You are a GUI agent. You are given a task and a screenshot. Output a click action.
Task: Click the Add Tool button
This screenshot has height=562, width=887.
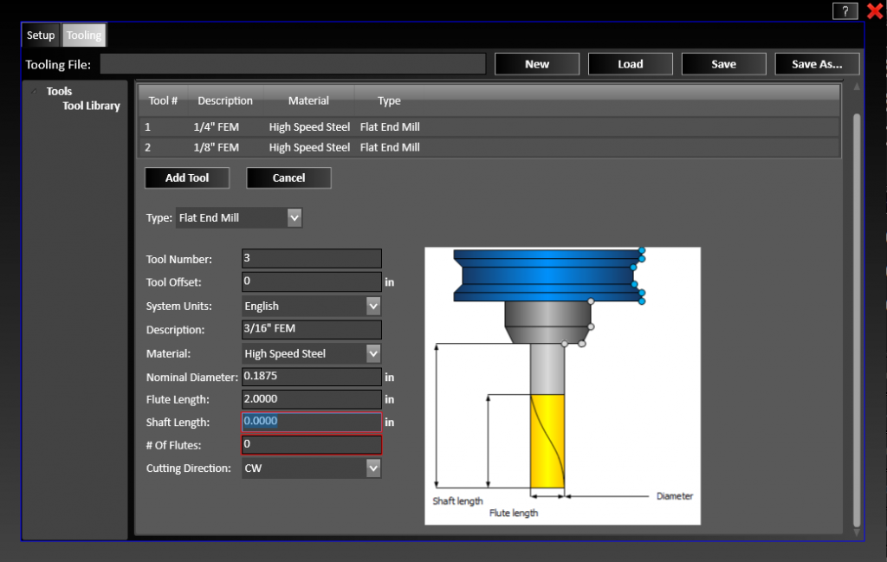[187, 178]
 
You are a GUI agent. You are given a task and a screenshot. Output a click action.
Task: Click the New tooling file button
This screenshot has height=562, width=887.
[537, 64]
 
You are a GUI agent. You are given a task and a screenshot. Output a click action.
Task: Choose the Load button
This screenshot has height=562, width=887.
[630, 64]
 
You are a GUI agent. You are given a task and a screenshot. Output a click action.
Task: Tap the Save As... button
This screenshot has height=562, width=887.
[817, 64]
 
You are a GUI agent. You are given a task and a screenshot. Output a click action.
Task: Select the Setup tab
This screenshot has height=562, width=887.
[41, 36]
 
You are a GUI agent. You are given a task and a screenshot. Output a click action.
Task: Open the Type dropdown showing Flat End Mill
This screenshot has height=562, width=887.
[239, 218]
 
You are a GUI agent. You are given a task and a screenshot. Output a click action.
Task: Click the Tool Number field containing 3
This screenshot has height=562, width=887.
[312, 258]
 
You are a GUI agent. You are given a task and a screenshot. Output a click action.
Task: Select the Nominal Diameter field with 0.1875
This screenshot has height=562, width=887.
[312, 377]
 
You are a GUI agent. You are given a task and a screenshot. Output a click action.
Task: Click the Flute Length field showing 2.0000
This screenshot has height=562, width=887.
[312, 399]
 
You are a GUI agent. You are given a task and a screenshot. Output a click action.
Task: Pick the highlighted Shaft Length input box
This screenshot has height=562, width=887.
[312, 422]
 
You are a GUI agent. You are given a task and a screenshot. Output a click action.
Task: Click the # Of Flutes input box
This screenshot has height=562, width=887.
[312, 444]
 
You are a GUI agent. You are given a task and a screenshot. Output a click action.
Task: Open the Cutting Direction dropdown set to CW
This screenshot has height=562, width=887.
[312, 468]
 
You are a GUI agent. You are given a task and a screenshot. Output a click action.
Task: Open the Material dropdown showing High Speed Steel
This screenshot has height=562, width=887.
[312, 353]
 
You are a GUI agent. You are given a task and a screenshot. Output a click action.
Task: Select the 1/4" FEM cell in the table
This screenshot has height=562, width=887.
[217, 127]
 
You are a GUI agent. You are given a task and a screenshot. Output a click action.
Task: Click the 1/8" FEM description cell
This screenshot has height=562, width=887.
[217, 147]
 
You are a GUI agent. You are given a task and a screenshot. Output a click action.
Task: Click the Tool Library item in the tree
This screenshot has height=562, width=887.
[91, 106]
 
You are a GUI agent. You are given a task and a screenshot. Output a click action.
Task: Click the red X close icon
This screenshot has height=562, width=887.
[874, 11]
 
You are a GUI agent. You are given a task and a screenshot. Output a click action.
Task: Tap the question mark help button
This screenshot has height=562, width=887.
[845, 11]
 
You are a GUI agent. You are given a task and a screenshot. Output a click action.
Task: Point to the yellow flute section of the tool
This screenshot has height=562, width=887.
[547, 442]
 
